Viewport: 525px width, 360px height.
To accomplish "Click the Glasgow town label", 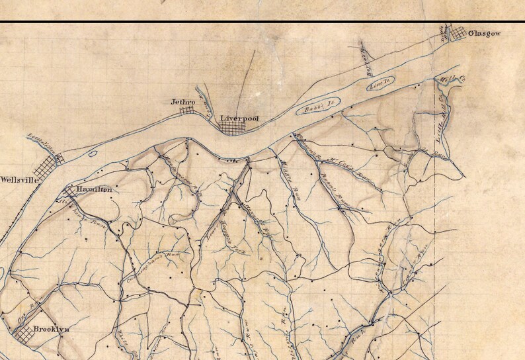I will [484, 32].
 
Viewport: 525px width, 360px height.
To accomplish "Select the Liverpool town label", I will [239, 118].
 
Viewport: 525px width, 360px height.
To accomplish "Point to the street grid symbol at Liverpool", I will [232, 128].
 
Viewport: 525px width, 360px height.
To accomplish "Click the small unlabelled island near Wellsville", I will [92, 154].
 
